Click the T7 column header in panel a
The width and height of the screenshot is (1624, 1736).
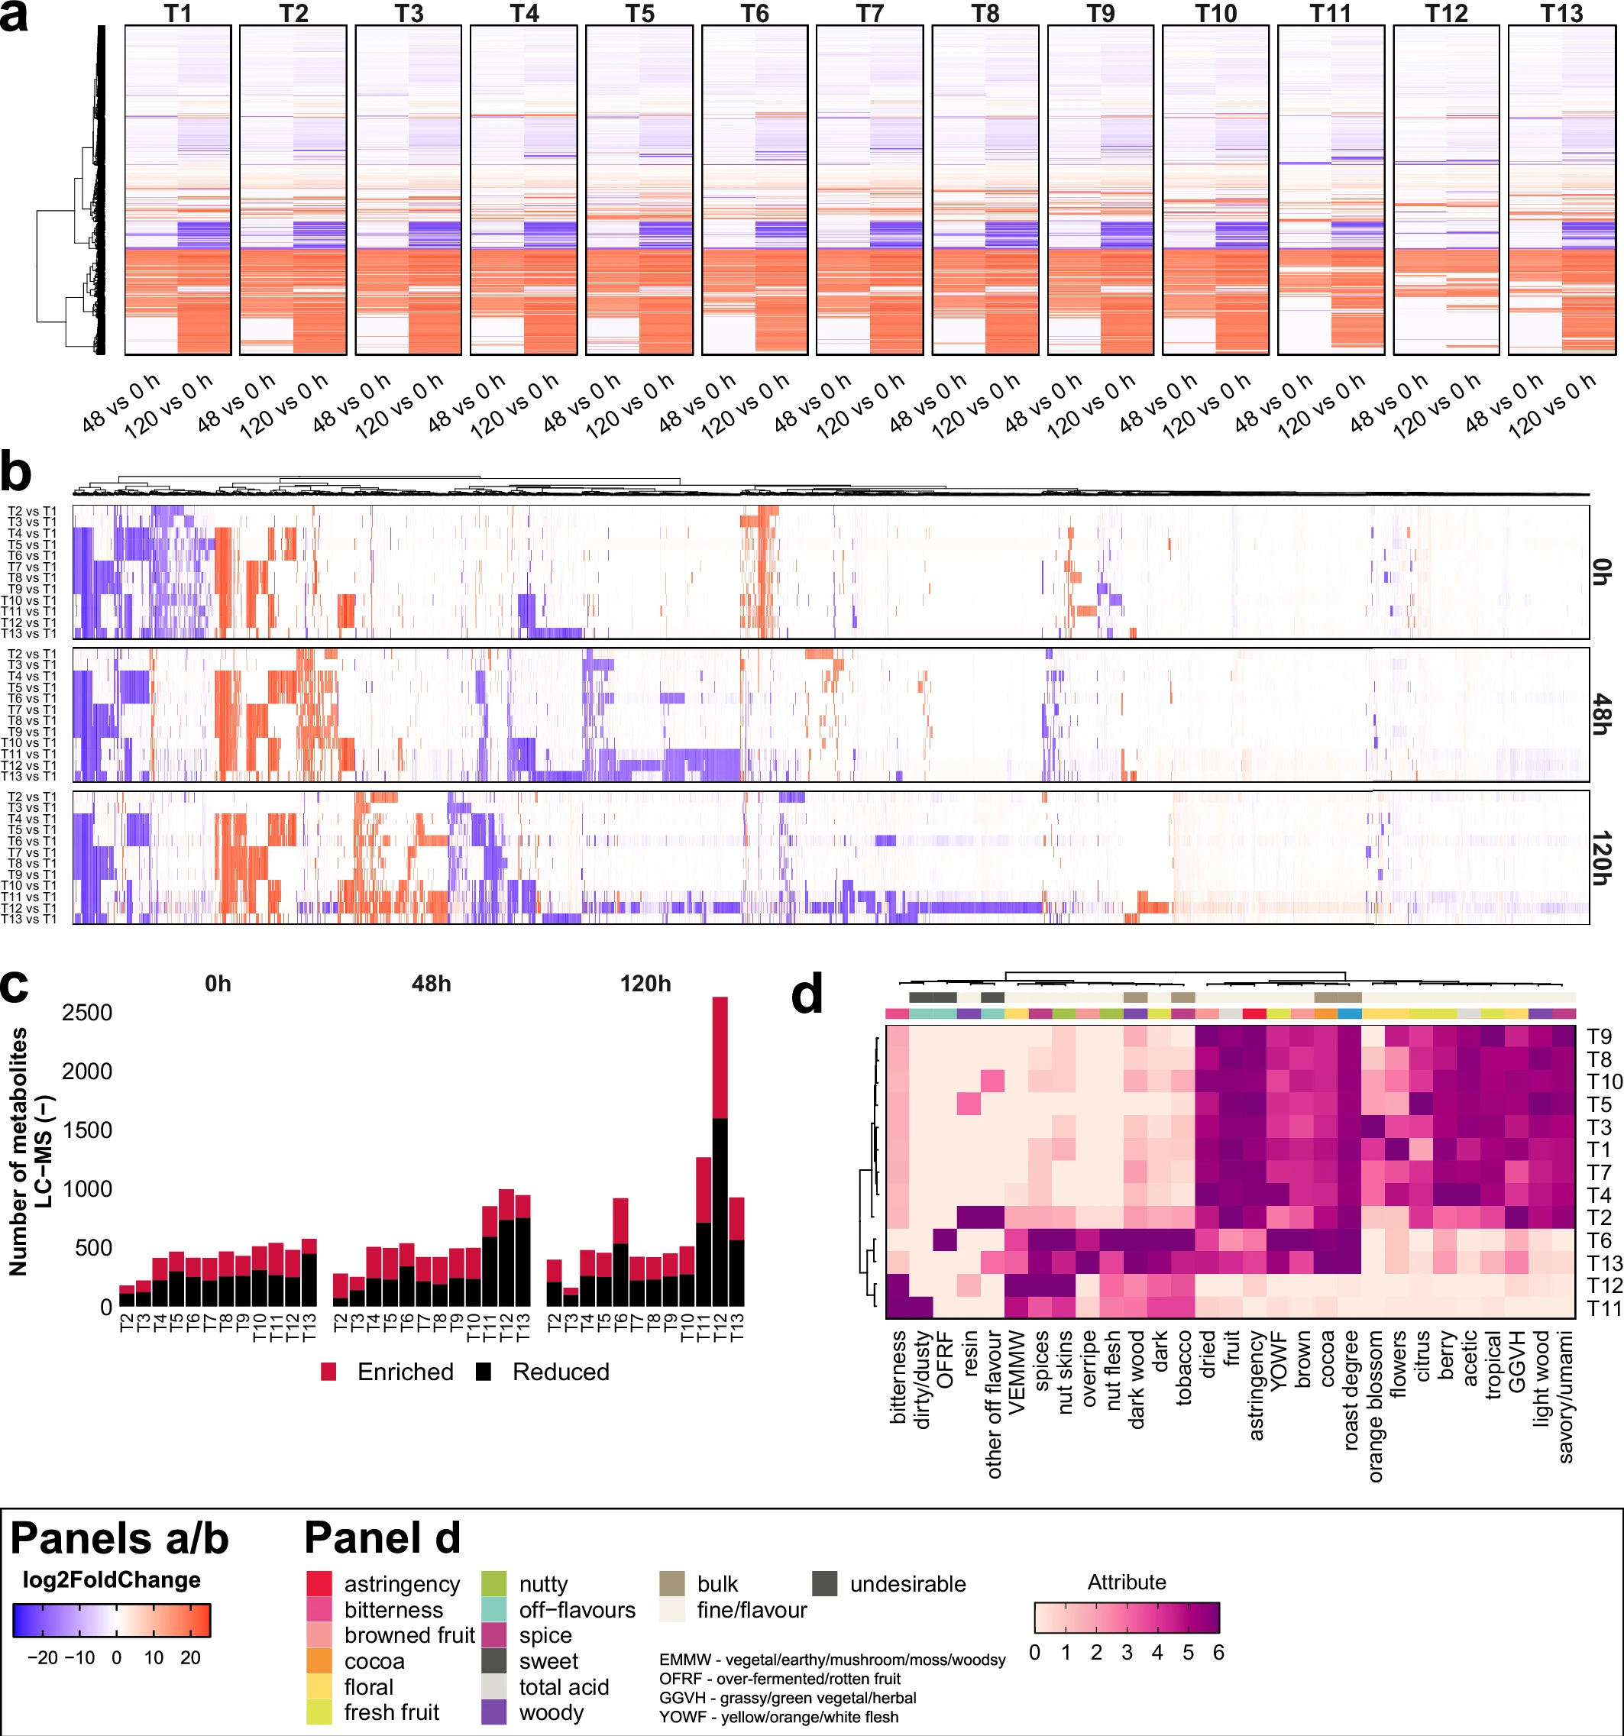pos(869,13)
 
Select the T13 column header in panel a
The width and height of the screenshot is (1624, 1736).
pos(1561,13)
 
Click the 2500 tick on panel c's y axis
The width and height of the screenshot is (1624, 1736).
pos(87,1013)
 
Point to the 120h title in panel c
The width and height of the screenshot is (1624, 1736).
pos(645,984)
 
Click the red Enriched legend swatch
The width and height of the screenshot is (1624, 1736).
pos(328,1372)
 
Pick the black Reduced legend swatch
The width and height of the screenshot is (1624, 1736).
pos(483,1372)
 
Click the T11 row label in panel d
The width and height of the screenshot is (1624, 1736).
pos(1604,1308)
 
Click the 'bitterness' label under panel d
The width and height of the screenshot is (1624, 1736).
pos(898,1377)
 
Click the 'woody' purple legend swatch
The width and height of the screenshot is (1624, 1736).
pos(494,1712)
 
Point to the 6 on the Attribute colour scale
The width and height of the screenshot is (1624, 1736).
pos(1218,1652)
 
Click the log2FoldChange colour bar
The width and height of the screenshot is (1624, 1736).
pos(112,1620)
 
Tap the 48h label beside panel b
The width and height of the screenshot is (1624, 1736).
pos(1600,714)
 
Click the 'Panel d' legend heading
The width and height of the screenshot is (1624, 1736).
pos(382,1537)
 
